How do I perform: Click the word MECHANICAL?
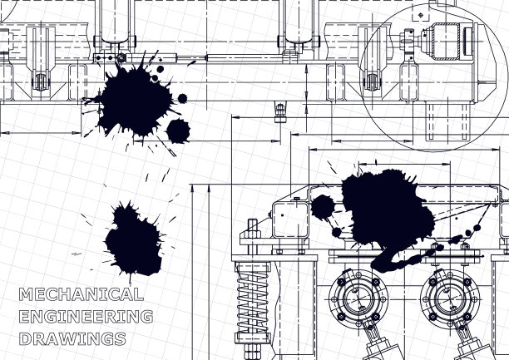[x=82, y=294]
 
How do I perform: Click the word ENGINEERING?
[x=86, y=317]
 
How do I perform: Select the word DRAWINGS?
[x=72, y=338]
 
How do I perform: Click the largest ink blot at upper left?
[x=135, y=101]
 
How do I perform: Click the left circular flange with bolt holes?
[x=358, y=298]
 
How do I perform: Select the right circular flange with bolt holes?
[x=450, y=298]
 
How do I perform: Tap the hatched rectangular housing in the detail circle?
[x=445, y=42]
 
